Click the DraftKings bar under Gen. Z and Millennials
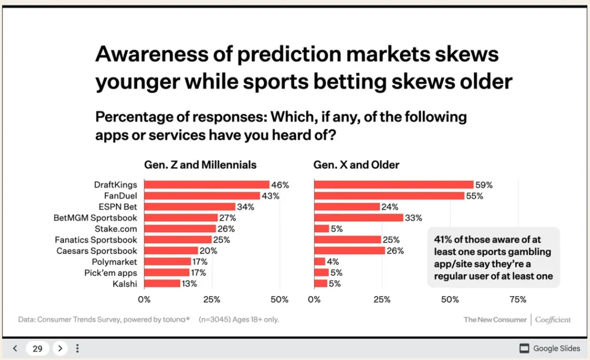click(x=206, y=185)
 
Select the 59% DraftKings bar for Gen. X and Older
click(x=394, y=185)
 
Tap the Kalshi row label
click(x=125, y=283)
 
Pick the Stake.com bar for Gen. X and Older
click(x=322, y=229)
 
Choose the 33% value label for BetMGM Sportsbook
click(x=413, y=218)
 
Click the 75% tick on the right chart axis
click(x=517, y=300)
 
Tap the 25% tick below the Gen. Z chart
click(x=211, y=300)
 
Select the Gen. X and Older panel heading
click(x=356, y=165)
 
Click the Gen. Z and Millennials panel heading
click(x=200, y=165)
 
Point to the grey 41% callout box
click(x=493, y=258)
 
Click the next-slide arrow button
click(x=60, y=348)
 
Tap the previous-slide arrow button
click(x=16, y=348)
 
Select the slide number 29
click(x=37, y=348)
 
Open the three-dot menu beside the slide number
click(x=78, y=348)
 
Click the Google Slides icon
click(x=524, y=348)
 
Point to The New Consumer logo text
click(x=495, y=319)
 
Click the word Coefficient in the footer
click(x=553, y=319)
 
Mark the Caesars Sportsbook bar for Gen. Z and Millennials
click(x=171, y=251)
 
